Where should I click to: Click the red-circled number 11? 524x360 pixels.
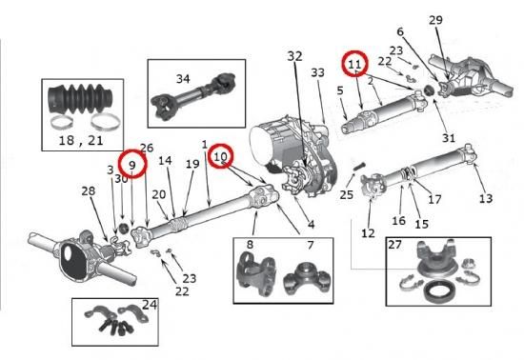(354, 64)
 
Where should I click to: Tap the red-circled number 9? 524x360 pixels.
(132, 165)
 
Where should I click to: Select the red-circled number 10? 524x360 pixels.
(220, 156)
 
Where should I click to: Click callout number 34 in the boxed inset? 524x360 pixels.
(183, 79)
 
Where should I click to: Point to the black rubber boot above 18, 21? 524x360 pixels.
(80, 100)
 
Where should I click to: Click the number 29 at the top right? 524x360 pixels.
(435, 20)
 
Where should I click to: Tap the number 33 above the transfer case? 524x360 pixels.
(317, 72)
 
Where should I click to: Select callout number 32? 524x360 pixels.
(294, 56)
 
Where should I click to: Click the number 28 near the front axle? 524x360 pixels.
(89, 191)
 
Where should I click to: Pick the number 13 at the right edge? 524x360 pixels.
(486, 199)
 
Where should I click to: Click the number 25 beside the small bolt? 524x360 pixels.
(346, 194)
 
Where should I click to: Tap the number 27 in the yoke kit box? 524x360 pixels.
(394, 245)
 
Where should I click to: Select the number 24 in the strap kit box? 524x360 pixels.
(150, 305)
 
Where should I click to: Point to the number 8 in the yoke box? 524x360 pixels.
(250, 245)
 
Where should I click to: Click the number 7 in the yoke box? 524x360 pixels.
(311, 245)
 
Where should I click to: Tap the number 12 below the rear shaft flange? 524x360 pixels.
(368, 233)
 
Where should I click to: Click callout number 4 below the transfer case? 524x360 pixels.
(311, 224)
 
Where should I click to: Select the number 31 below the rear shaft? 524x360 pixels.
(449, 137)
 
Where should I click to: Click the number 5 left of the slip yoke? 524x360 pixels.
(340, 90)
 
